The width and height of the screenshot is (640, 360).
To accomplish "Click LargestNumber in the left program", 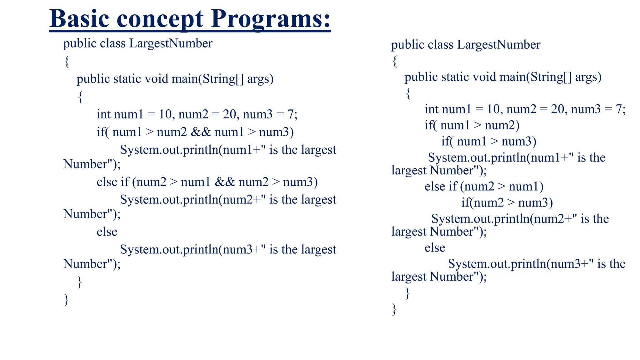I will [x=171, y=43].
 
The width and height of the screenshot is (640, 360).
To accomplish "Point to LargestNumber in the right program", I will [x=498, y=45].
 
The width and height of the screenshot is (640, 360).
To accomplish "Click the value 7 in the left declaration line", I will [x=291, y=114].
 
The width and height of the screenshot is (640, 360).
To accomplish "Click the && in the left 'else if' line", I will [x=225, y=182].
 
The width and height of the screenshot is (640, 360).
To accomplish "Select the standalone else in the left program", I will [x=107, y=232].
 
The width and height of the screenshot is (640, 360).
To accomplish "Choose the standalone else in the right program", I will [x=435, y=248].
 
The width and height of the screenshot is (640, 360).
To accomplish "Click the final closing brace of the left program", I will [x=66, y=299].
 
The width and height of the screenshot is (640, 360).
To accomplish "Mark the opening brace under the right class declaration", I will [x=395, y=61].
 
